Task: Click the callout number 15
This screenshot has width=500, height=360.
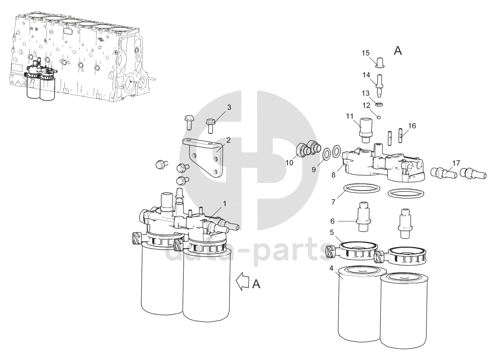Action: (x=366, y=53)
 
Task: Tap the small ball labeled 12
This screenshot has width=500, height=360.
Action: (x=379, y=117)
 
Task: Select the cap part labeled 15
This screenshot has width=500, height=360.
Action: (x=380, y=63)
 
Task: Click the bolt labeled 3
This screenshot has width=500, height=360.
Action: (x=210, y=126)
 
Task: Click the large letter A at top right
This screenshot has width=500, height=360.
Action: (x=398, y=51)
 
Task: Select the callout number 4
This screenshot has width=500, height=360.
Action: (x=331, y=268)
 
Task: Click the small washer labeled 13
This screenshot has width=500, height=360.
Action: (x=379, y=104)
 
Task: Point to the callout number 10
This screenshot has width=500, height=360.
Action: (x=289, y=163)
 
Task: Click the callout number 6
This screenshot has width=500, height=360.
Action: (x=332, y=221)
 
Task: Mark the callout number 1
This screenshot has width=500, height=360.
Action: (x=225, y=204)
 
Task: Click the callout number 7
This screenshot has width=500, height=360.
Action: (x=333, y=202)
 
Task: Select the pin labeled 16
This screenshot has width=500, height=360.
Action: (x=400, y=135)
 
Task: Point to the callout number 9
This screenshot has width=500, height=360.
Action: (x=314, y=170)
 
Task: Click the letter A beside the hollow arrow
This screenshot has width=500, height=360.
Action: (x=256, y=284)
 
